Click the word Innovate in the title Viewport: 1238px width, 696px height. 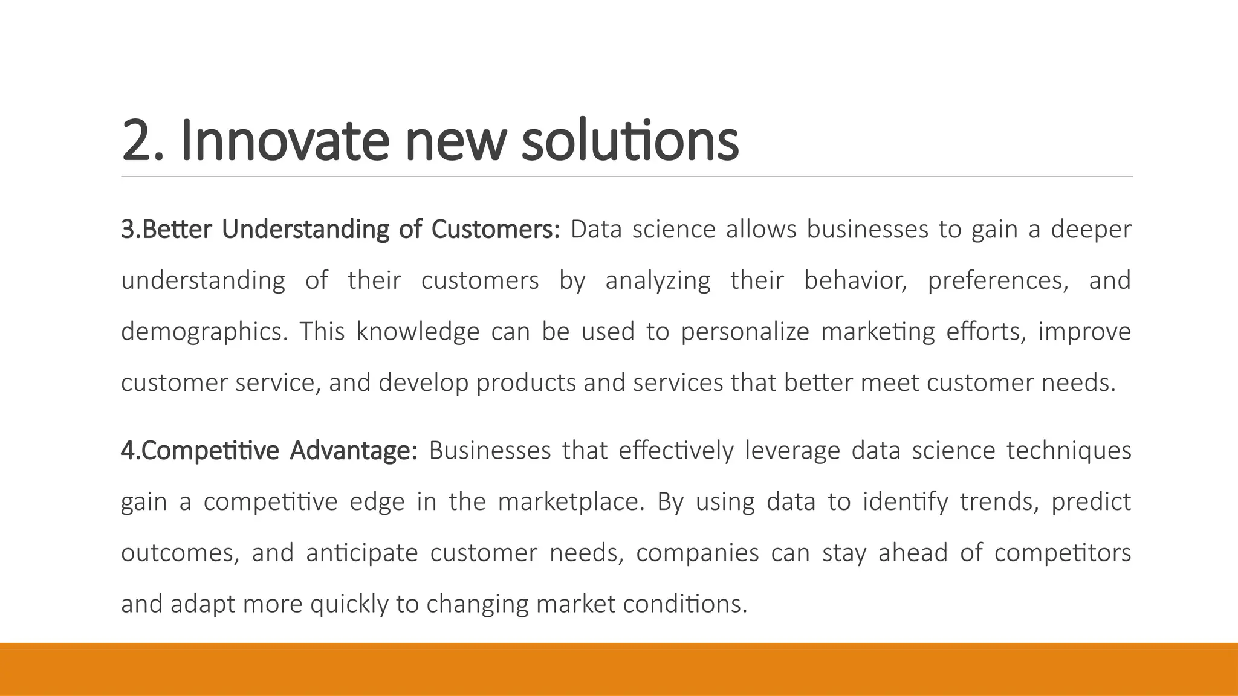[284, 140]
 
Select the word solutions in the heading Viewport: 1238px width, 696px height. [629, 140]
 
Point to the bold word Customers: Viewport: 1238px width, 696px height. [496, 230]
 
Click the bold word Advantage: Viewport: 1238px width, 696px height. [353, 451]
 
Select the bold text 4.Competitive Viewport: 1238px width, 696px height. [199, 451]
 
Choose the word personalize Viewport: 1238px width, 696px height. [745, 332]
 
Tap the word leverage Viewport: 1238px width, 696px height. [792, 451]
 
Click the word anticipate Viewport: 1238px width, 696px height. [361, 553]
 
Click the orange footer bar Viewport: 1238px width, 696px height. [619, 669]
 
